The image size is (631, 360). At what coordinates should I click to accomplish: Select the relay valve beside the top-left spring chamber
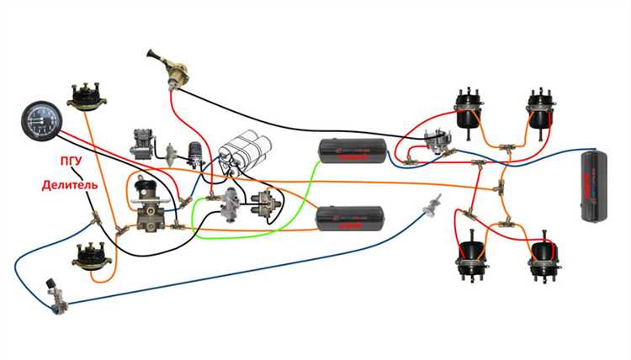point(436,143)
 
